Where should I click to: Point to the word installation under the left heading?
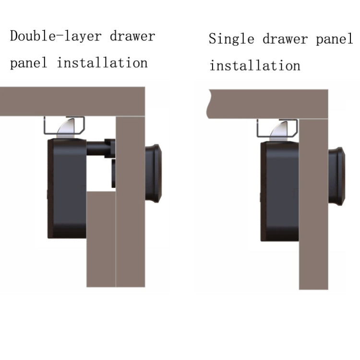(x=102, y=62)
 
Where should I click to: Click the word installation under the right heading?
(x=254, y=65)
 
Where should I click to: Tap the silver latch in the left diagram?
(x=67, y=127)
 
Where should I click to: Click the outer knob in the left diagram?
(x=153, y=173)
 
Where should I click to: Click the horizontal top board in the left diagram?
(x=72, y=101)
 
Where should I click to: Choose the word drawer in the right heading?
(x=283, y=39)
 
